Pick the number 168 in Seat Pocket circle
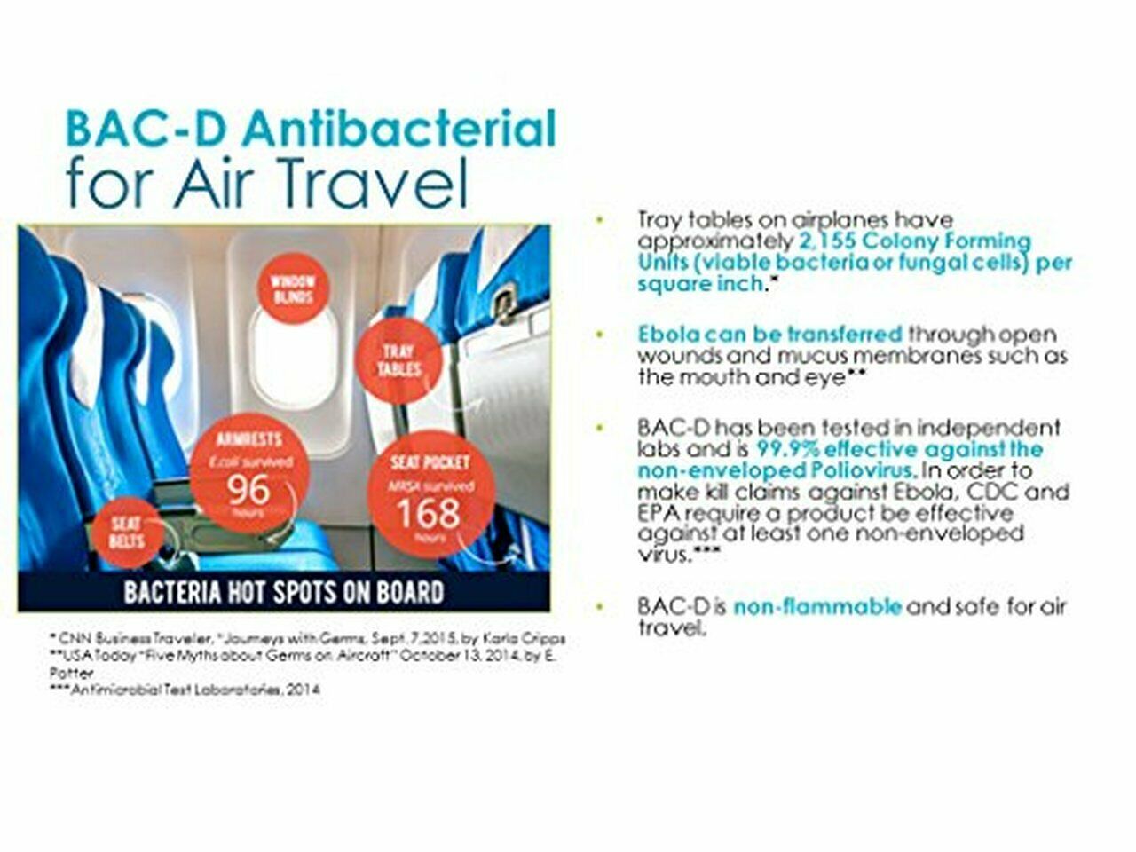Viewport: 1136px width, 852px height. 429,512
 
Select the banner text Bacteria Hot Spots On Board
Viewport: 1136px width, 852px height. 284,592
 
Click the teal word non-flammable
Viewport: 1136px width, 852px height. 817,607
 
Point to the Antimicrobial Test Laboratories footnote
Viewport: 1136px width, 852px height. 185,689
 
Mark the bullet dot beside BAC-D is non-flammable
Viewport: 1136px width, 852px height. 601,607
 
